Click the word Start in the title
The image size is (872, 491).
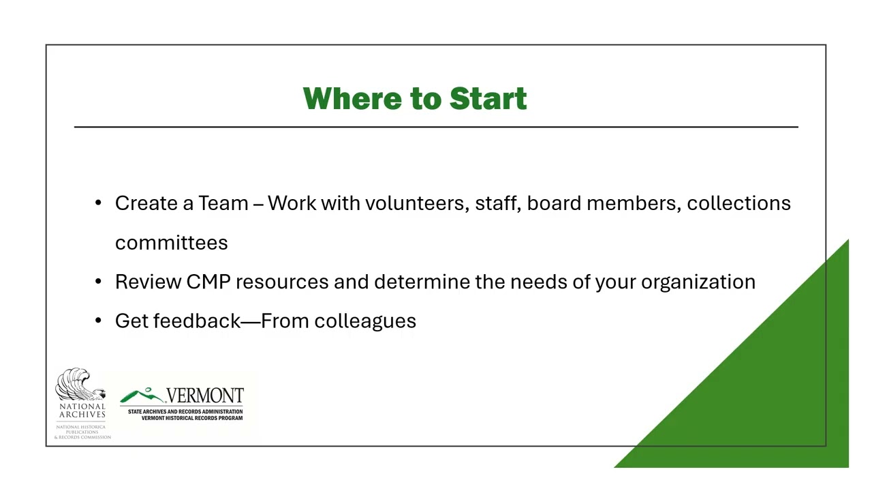(x=488, y=99)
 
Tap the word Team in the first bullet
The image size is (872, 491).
(x=223, y=203)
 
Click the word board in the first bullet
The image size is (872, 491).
(x=553, y=203)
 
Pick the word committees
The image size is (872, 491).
(x=171, y=243)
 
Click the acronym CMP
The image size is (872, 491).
(x=208, y=282)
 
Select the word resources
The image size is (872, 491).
(x=281, y=282)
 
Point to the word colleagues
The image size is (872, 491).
(x=365, y=321)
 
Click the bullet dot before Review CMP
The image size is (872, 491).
(x=99, y=282)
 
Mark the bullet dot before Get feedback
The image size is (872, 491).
(x=99, y=321)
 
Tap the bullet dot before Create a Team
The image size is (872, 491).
(x=99, y=203)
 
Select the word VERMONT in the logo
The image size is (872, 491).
(x=205, y=396)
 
